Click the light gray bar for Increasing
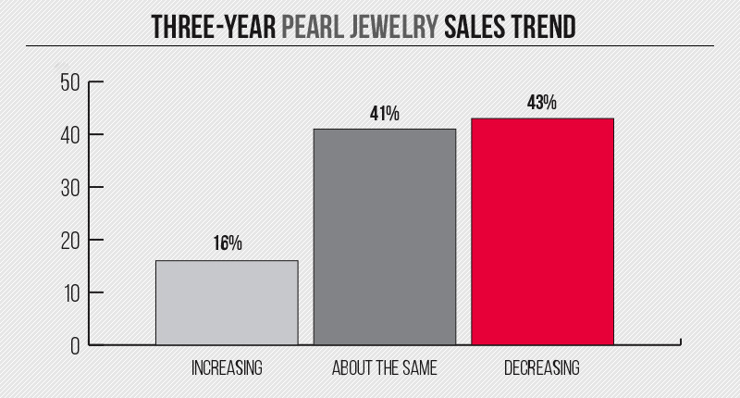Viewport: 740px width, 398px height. pos(227,303)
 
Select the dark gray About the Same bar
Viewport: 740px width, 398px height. pos(385,237)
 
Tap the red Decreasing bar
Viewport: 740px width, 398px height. pos(542,231)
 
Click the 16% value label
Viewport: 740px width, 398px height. pos(227,243)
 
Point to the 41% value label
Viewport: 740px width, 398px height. pos(385,114)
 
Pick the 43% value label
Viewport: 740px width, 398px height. pos(542,103)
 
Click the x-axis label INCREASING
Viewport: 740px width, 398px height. pos(227,368)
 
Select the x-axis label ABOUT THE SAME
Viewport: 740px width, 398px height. pos(385,368)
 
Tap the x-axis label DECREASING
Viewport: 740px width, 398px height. pos(542,368)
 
